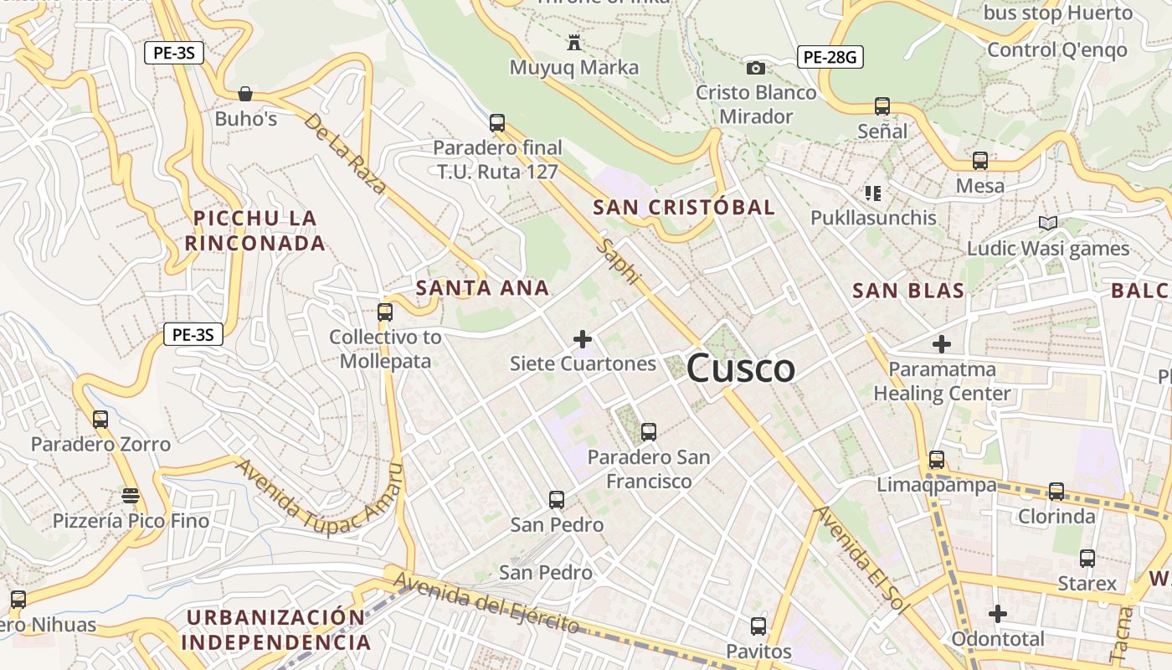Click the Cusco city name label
pyautogui.click(x=740, y=368)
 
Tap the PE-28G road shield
pyautogui.click(x=829, y=57)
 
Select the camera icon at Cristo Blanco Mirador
pyautogui.click(x=756, y=68)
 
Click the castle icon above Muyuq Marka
pyautogui.click(x=574, y=42)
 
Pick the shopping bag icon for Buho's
pyautogui.click(x=245, y=94)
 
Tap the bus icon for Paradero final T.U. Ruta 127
pyautogui.click(x=497, y=123)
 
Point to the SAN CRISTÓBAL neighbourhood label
pyautogui.click(x=684, y=208)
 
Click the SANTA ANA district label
pyautogui.click(x=482, y=288)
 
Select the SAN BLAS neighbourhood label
pyautogui.click(x=908, y=291)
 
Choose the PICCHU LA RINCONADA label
pyautogui.click(x=255, y=230)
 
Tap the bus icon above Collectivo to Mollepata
pyautogui.click(x=384, y=312)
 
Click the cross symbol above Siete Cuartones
pyautogui.click(x=583, y=339)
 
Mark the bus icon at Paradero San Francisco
pyautogui.click(x=648, y=432)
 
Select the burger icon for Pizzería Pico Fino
pyautogui.click(x=131, y=496)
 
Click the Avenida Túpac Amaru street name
pyautogui.click(x=318, y=500)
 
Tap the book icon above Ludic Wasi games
pyautogui.click(x=1047, y=223)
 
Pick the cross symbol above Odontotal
pyautogui.click(x=997, y=614)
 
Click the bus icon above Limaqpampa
pyautogui.click(x=936, y=460)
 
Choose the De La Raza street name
pyautogui.click(x=345, y=153)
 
